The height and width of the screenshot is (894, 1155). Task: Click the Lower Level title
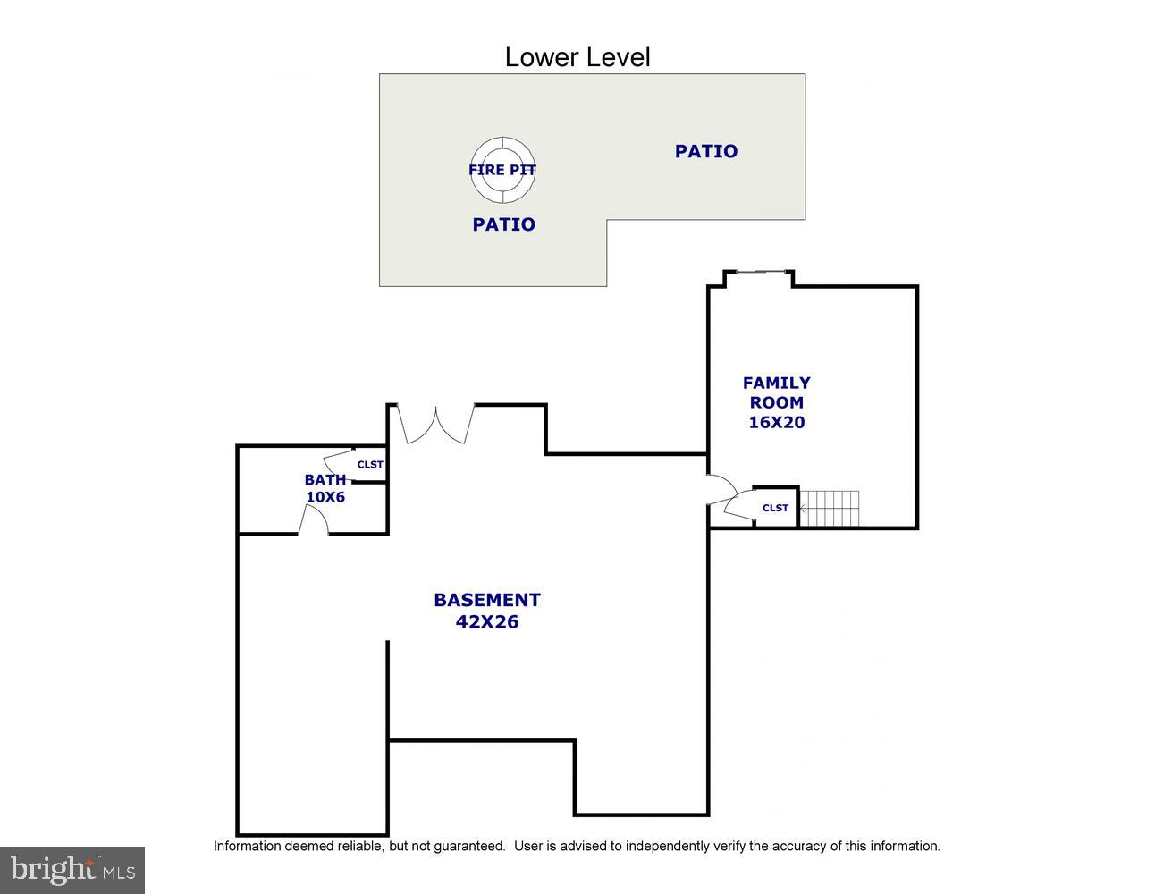click(577, 57)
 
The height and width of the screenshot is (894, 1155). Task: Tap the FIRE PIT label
click(502, 170)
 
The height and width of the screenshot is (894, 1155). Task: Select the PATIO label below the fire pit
click(503, 224)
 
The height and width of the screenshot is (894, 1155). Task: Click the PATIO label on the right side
click(706, 151)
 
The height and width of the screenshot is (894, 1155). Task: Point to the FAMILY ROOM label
click(776, 392)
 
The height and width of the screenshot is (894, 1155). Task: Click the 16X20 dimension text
click(776, 422)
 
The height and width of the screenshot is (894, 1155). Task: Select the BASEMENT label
click(487, 600)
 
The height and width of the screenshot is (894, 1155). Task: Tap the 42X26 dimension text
click(487, 621)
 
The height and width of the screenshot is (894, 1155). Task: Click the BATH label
click(325, 479)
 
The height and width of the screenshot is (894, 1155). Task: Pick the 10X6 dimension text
click(325, 496)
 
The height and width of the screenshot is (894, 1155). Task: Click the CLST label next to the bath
click(370, 464)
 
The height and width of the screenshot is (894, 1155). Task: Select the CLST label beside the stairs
click(775, 508)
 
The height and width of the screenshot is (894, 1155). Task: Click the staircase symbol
click(829, 508)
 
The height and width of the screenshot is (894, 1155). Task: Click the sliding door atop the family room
click(758, 271)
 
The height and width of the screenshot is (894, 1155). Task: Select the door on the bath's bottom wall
click(313, 521)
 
